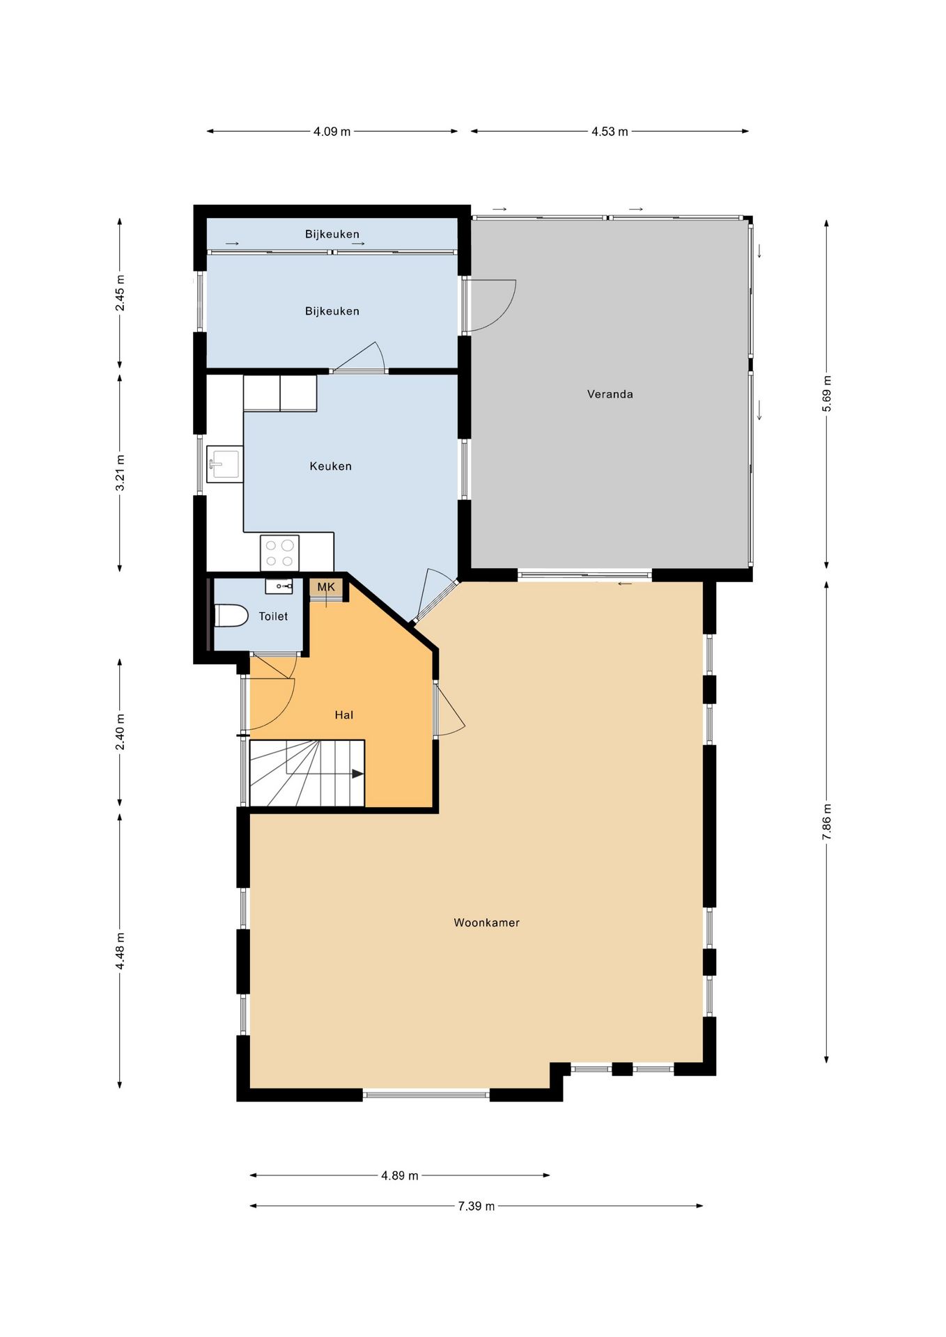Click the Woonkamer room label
click(x=486, y=923)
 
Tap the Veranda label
click(x=610, y=394)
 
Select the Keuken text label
click(x=330, y=467)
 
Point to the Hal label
click(x=343, y=715)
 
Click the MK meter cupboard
click(x=326, y=589)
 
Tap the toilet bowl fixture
click(x=231, y=616)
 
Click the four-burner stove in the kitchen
click(x=279, y=553)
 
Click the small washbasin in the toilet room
click(x=279, y=586)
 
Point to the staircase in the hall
click(x=307, y=774)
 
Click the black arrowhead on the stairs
click(x=357, y=774)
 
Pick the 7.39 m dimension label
click(x=476, y=1206)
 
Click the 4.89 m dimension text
click(x=400, y=1175)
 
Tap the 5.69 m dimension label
click(x=827, y=394)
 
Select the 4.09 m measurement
click(x=332, y=131)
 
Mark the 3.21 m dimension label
click(x=120, y=473)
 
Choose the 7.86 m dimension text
click(x=827, y=822)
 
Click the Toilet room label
click(x=273, y=616)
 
